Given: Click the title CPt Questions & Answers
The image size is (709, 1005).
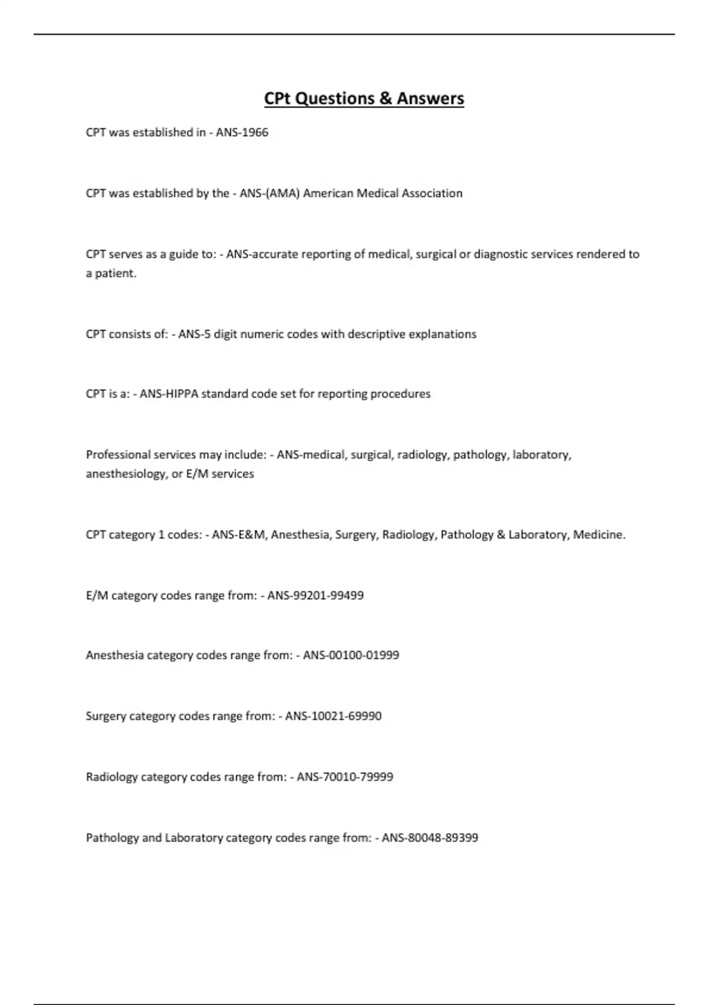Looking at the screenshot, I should (364, 98).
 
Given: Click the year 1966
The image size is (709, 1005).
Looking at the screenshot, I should (255, 132).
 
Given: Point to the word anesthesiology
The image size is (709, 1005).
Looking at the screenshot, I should (125, 474).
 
